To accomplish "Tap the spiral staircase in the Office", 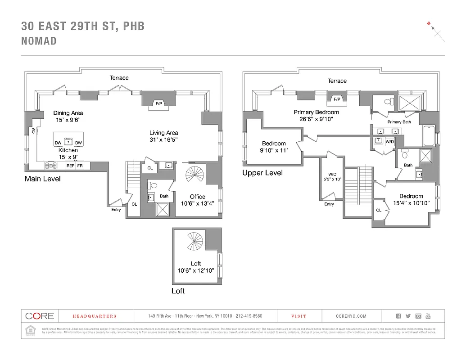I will coord(195,175).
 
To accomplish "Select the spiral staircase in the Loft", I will coord(195,242).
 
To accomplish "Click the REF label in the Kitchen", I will coord(70,166).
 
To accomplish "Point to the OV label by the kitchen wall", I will coord(34,131).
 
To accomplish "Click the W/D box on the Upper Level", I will coord(389,141).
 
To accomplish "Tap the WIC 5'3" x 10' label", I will coord(333,176).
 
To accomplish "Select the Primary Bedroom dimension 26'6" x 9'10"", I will coord(316,119).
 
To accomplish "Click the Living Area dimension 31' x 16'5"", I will coord(164,140).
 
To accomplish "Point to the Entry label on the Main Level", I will coord(116,210).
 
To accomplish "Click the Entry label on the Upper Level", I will coord(329,204).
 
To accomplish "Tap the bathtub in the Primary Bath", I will coord(429,135).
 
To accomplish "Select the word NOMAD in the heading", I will coord(39,41).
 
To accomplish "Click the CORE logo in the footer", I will coord(40,316).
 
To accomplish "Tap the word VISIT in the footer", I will coord(299,316).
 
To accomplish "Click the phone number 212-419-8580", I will coord(247,316).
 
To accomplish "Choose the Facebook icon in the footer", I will coord(398,316).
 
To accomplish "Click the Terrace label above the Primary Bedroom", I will coord(337,81).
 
